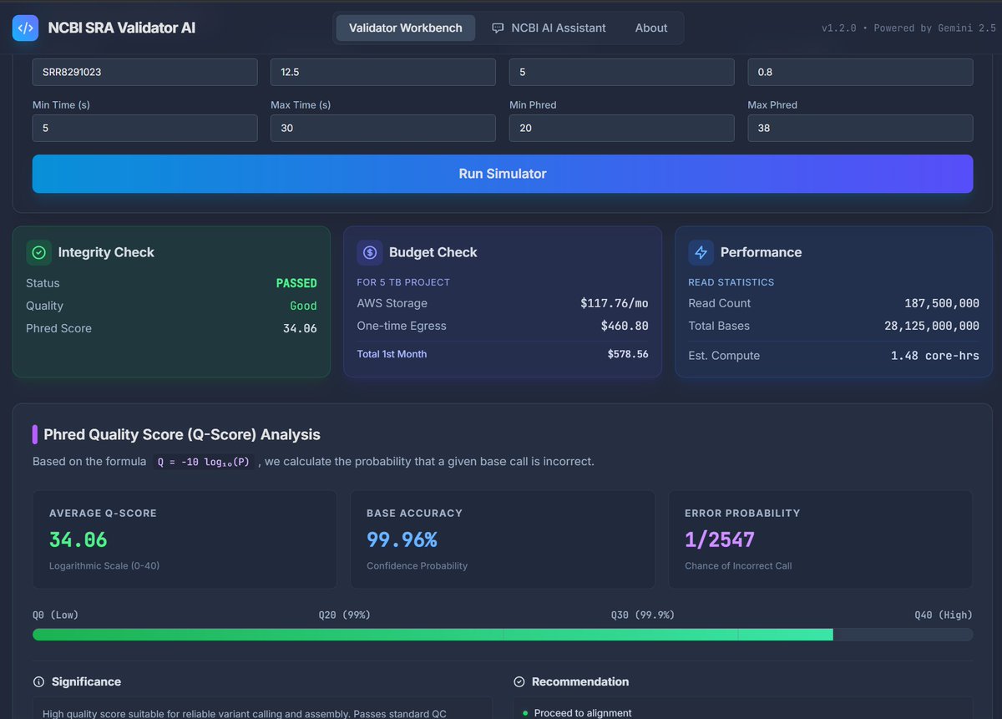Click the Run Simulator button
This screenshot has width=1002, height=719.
click(503, 174)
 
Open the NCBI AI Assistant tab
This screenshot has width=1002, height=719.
click(549, 28)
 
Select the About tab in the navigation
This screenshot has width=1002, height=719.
click(650, 28)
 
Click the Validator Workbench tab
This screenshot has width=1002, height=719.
click(405, 28)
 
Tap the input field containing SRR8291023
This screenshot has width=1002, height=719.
click(145, 72)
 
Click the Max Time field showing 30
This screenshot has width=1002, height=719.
click(383, 128)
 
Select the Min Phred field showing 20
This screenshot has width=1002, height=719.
click(621, 128)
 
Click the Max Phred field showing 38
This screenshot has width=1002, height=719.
click(860, 128)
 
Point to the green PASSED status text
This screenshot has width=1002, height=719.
click(296, 283)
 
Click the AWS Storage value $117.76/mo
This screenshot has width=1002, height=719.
click(614, 303)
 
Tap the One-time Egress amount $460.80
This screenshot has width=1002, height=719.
click(625, 326)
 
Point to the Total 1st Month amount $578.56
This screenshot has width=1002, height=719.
click(628, 354)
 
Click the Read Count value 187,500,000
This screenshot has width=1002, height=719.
click(942, 303)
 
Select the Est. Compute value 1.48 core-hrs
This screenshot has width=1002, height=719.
click(934, 356)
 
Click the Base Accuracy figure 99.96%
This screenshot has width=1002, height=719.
click(402, 539)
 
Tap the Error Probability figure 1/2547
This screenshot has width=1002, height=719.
click(719, 539)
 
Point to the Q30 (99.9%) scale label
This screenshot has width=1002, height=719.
click(642, 615)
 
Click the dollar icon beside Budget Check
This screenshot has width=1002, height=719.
click(369, 252)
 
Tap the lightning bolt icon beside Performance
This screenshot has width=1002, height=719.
click(701, 252)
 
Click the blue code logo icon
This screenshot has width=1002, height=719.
click(25, 28)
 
